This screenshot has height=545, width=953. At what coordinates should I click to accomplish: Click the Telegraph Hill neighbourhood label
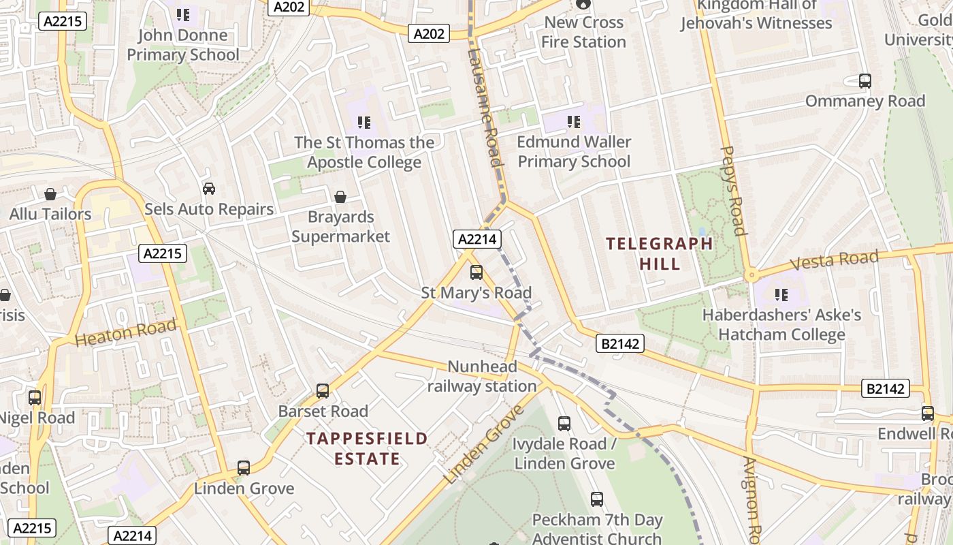click(x=660, y=253)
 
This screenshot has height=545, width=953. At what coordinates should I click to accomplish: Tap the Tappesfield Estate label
click(x=367, y=448)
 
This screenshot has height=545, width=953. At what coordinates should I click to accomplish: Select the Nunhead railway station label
click(x=482, y=377)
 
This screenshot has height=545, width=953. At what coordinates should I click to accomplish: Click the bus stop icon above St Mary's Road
click(x=476, y=272)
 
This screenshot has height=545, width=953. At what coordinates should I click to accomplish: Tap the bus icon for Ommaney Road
click(x=865, y=81)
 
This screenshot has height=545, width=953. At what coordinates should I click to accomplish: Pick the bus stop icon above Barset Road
click(x=323, y=391)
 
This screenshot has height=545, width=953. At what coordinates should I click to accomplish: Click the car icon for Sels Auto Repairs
click(x=209, y=189)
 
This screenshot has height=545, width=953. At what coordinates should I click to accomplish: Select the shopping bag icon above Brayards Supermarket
click(x=340, y=197)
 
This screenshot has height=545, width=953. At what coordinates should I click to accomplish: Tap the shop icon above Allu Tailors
click(x=50, y=194)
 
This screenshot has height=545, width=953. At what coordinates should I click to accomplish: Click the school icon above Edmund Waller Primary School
click(x=574, y=122)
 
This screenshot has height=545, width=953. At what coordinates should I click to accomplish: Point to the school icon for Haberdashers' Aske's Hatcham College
click(x=781, y=295)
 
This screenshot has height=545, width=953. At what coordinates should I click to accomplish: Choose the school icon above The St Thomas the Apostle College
click(x=364, y=123)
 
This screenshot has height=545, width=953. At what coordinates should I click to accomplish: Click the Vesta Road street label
click(x=834, y=261)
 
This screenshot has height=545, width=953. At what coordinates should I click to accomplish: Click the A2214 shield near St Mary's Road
click(x=477, y=239)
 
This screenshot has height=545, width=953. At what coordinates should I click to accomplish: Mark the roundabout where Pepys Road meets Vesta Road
click(x=752, y=275)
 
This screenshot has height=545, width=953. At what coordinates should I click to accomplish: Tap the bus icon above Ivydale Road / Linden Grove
click(x=564, y=424)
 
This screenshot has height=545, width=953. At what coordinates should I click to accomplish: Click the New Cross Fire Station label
click(x=583, y=32)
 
